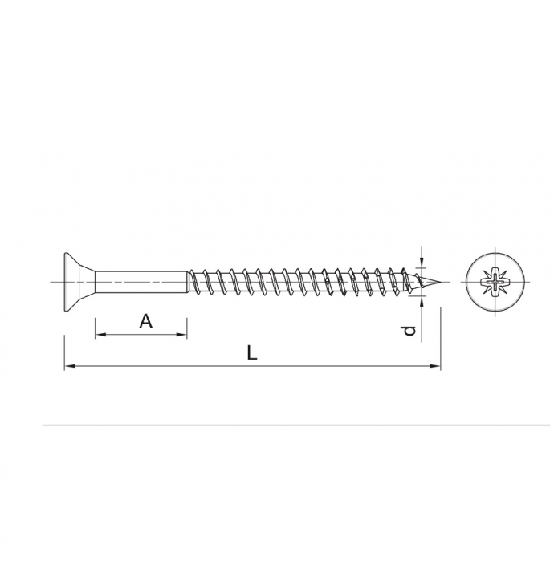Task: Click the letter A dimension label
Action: click(145, 321)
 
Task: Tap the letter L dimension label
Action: click(252, 352)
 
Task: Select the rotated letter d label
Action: click(409, 330)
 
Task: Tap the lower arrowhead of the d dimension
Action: click(422, 300)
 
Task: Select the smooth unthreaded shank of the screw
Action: click(141, 282)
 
